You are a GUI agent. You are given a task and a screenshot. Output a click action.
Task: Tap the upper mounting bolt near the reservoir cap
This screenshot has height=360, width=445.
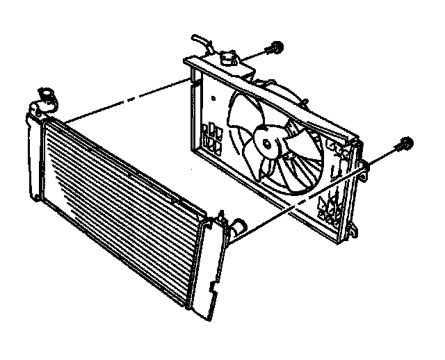tap(276, 48)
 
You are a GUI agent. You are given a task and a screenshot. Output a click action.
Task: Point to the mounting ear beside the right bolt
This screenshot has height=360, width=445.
tap(362, 167)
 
